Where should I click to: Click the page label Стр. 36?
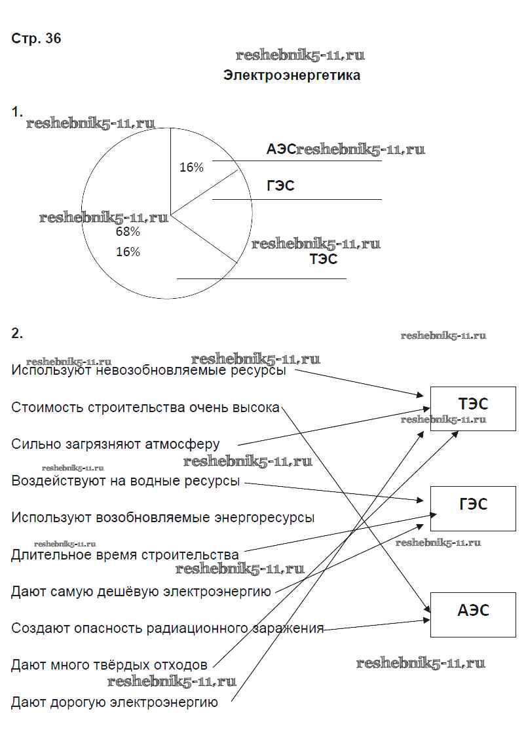36,39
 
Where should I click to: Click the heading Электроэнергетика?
291,75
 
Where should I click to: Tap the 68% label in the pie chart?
128,232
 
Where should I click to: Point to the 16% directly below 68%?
128,252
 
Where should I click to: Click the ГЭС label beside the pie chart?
280,186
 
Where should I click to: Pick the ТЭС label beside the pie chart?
324,259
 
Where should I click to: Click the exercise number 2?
17,333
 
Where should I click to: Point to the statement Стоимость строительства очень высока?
145,408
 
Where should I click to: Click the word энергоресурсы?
265,518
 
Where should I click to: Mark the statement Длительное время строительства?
125,555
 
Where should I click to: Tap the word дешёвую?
130,592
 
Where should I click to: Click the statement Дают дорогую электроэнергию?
114,703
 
